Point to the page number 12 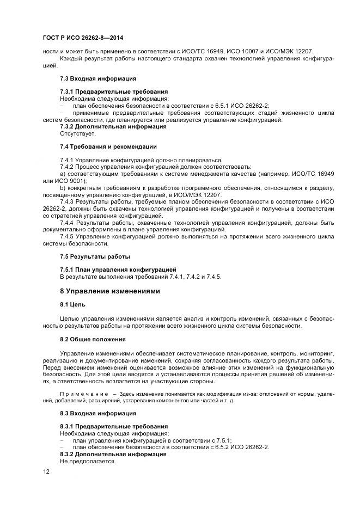click(46, 471)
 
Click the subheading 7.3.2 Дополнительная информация click(113, 126)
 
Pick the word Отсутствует click(78, 133)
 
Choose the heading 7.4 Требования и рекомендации click(108, 146)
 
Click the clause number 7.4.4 click(68, 223)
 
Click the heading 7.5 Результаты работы click(95, 256)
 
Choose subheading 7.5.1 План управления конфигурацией click(118, 269)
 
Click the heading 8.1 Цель click(72, 305)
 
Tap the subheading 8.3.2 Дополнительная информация click(113, 453)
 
